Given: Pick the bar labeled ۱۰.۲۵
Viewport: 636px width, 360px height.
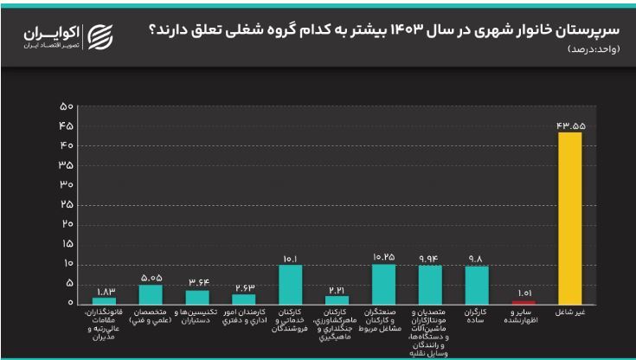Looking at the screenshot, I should pos(383,284).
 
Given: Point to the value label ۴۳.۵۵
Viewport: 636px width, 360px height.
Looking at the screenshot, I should pos(571,125).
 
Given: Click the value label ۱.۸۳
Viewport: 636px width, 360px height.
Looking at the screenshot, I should pos(104,291).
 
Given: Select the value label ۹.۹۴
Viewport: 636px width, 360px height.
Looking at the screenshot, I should pos(431,258).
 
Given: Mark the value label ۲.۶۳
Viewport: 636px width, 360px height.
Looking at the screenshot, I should pos(244,287).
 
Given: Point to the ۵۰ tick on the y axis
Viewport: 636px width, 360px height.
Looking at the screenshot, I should pos(66,106).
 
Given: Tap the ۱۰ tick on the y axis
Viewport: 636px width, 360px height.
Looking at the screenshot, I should pos(66,264).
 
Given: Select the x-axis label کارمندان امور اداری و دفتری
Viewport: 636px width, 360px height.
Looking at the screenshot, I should pos(244,317).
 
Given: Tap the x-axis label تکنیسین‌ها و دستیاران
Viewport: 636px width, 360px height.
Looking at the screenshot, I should pos(197,317).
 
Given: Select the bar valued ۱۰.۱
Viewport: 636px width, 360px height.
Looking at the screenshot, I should pos(291,284).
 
